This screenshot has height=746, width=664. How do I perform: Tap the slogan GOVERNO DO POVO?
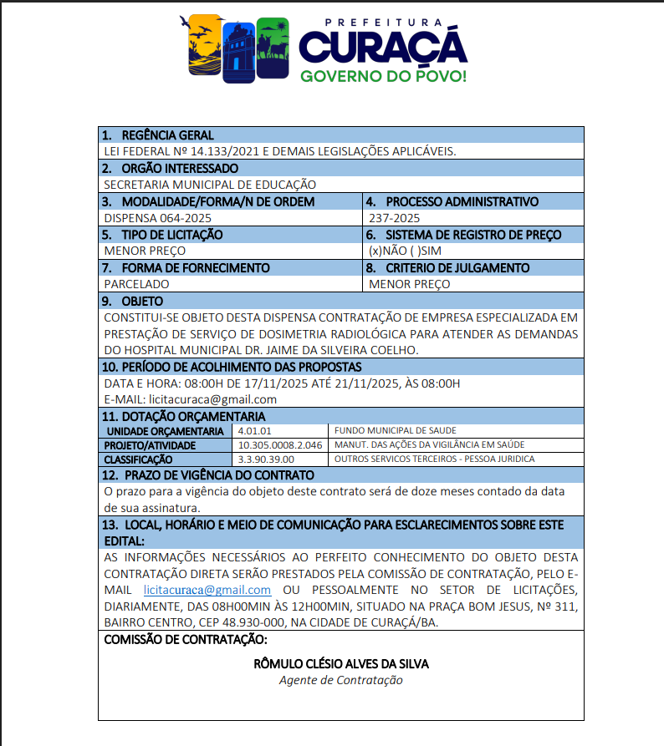tap(383, 76)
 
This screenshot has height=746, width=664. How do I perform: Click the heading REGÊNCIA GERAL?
tap(167, 135)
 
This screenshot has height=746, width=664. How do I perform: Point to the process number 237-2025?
tap(391, 217)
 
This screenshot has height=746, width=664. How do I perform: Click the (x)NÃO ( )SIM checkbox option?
tap(405, 251)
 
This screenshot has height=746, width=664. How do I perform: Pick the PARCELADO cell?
tap(136, 284)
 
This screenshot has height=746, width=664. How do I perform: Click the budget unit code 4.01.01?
tap(255, 430)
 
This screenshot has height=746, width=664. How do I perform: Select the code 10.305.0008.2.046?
tap(280, 444)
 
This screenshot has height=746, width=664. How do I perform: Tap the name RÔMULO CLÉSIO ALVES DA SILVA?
tap(340, 664)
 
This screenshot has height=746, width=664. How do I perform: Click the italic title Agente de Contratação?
tap(340, 680)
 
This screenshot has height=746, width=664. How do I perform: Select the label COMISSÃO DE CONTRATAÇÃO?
tap(185, 640)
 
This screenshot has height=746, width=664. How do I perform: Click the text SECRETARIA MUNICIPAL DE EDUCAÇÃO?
tap(210, 185)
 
